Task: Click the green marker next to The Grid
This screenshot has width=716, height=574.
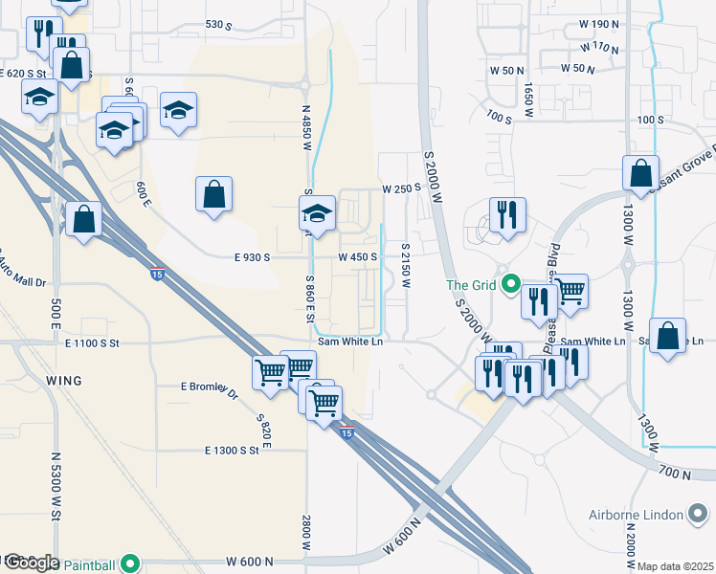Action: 511,284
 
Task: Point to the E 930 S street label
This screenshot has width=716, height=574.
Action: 253,257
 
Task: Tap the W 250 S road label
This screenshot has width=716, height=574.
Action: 401,188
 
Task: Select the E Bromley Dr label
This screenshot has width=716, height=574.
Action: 209,388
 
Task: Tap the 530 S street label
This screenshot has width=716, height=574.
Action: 219,24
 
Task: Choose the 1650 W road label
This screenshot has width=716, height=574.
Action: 527,94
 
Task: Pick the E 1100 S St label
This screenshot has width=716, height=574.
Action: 92,342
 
